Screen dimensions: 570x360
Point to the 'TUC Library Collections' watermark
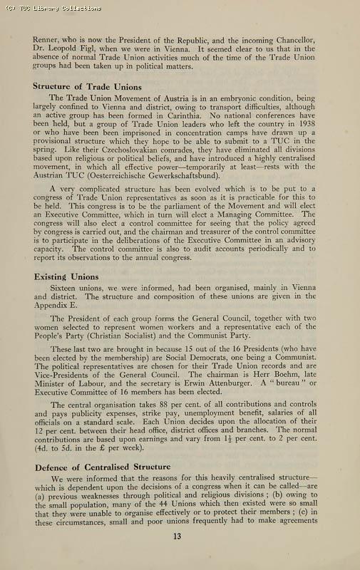coord(51,8)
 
